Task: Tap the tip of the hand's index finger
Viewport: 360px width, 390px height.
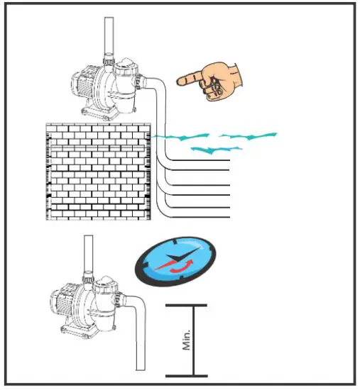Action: [178, 79]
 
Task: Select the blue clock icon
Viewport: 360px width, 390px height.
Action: [173, 262]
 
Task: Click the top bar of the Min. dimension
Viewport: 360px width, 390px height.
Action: [186, 306]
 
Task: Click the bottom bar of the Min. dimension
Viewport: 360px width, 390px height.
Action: [186, 375]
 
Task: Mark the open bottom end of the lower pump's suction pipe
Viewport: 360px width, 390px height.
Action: [141, 368]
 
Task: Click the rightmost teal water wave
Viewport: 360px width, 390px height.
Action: [248, 135]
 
